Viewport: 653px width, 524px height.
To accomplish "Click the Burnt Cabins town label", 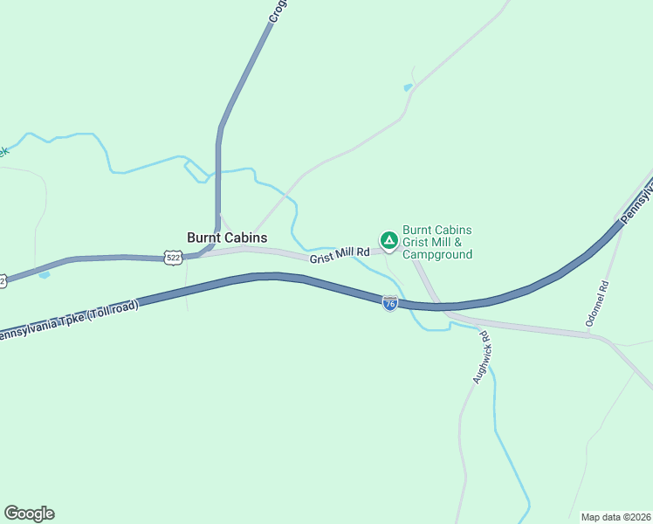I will click(x=227, y=238).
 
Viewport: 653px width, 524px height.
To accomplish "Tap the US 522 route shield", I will click(x=174, y=258).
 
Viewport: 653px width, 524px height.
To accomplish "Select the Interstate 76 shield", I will click(x=390, y=303).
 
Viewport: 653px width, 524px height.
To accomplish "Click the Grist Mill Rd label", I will click(x=339, y=254).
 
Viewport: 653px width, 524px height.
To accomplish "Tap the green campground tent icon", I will click(x=388, y=239).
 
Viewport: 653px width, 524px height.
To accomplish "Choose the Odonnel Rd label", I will click(x=600, y=304).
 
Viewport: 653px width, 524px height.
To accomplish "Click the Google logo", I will click(x=29, y=514).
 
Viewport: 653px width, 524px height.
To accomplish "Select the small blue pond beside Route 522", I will click(x=45, y=275).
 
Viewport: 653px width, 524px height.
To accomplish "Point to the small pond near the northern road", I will click(x=408, y=87).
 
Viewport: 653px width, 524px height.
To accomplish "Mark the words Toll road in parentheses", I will click(x=108, y=312).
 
